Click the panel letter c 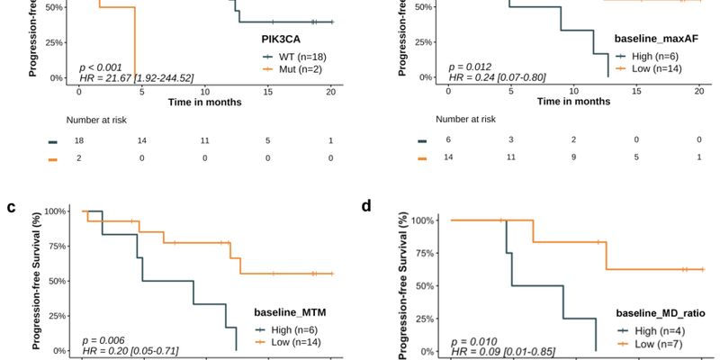tap(12, 207)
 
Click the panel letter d tap(366, 206)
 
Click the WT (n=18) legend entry tap(291, 56)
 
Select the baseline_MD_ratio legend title tap(660, 313)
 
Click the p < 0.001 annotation tap(101, 67)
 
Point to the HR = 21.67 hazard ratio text tap(136, 78)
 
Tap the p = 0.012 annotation tap(471, 67)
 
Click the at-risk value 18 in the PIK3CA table tap(78, 141)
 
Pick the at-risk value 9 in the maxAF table tap(574, 157)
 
